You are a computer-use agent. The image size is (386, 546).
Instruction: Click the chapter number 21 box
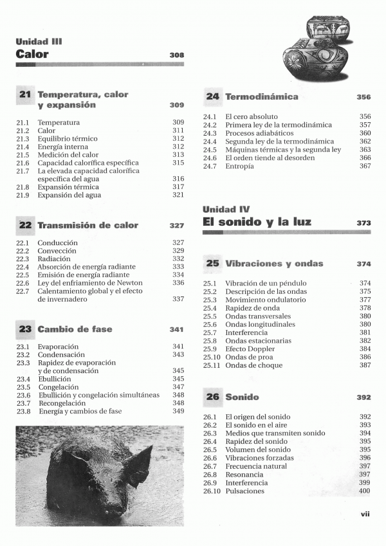tap(25, 95)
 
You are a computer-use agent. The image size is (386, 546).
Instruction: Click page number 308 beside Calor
tap(177, 55)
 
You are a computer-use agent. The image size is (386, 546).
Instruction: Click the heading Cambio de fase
tap(75, 329)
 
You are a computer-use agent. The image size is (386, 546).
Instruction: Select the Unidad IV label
tap(226, 209)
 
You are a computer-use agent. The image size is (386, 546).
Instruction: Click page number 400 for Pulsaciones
tap(364, 491)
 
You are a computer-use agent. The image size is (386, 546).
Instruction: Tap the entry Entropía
tap(239, 166)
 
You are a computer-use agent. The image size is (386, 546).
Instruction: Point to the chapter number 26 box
tap(213, 397)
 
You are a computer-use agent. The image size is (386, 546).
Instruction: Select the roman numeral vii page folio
tap(365, 513)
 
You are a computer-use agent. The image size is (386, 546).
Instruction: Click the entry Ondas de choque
tap(253, 365)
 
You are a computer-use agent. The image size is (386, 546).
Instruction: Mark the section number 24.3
tap(210, 133)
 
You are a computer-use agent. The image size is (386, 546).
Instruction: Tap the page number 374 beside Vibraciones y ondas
tap(364, 264)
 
